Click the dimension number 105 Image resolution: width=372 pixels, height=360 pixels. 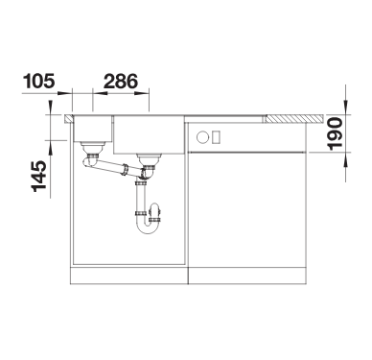click(x=39, y=81)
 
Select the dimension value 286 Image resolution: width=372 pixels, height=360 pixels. click(x=121, y=81)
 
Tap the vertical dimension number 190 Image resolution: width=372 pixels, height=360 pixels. click(x=336, y=133)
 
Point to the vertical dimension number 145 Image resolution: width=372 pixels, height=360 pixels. click(x=39, y=177)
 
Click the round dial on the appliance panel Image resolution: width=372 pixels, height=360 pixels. click(x=202, y=137)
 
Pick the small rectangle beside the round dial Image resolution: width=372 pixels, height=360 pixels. click(x=217, y=137)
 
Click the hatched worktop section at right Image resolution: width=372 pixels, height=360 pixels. click(x=294, y=119)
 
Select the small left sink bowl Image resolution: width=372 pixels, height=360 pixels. click(x=92, y=129)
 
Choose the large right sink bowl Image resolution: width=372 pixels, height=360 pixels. click(x=149, y=134)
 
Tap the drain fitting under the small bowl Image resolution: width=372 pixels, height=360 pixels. click(x=92, y=148)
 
